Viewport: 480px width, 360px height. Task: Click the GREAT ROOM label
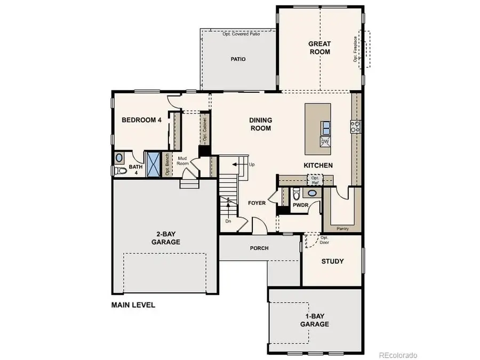coord(319,48)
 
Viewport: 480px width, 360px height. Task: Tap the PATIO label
coord(238,59)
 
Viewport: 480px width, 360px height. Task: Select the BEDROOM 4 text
coord(141,120)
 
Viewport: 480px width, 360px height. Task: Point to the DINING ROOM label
coord(260,124)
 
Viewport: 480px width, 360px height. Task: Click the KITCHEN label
coord(318,165)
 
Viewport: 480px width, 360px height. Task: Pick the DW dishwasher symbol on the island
coord(325,141)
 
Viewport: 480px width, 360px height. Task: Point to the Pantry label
coord(343,228)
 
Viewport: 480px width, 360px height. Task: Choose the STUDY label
coord(332,261)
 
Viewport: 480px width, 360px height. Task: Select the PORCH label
coord(259,248)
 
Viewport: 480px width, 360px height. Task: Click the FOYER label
coord(257,203)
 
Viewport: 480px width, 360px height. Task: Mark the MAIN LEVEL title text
coord(133,306)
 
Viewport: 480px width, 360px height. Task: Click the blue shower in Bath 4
coord(153,164)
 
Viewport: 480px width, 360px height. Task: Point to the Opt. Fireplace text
coord(355,49)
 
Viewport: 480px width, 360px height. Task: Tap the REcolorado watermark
coord(398,355)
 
